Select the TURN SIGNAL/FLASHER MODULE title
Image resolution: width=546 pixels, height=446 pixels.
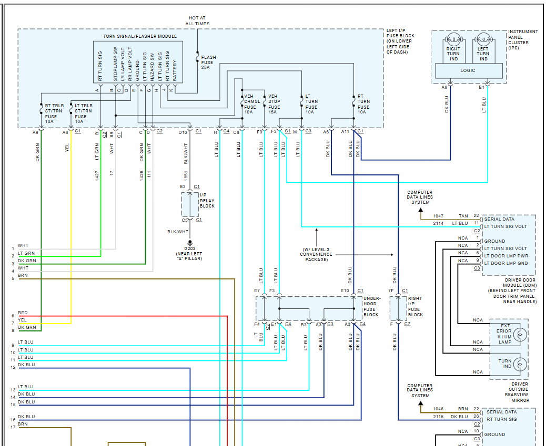coord(139,36)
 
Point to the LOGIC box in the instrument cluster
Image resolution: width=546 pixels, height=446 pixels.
coord(468,70)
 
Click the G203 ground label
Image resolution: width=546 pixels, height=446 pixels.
coord(189,248)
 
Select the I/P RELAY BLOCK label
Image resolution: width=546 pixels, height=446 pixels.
coord(207,201)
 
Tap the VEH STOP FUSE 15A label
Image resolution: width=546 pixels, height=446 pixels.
coord(274,104)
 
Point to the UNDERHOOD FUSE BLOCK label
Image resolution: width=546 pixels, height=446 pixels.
coord(371,306)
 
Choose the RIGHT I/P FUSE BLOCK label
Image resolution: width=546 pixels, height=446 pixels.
coord(415,306)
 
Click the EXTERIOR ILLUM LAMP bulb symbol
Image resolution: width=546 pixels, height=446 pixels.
coord(520,334)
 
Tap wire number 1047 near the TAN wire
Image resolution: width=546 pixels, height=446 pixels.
coord(438,216)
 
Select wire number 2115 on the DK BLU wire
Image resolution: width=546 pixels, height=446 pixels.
coord(438,417)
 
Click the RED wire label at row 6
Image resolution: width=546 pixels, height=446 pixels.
coord(23,313)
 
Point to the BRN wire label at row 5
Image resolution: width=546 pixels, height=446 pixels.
coord(23,275)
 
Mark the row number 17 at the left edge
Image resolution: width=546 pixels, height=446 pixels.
coord(13,427)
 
